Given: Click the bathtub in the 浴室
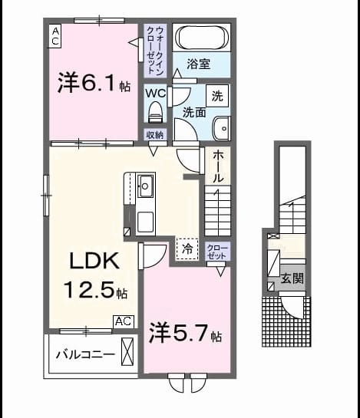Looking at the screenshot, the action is [x=201, y=38].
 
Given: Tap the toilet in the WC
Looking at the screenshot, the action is [x=155, y=112].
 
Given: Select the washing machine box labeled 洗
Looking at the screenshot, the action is [x=217, y=96].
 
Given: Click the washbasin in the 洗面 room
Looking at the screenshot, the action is [x=221, y=128].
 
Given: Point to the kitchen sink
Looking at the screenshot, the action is [x=145, y=186].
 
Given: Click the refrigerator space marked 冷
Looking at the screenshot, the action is [x=187, y=248].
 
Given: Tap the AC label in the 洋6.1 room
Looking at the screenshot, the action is [x=55, y=36].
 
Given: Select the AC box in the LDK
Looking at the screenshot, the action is [x=124, y=322].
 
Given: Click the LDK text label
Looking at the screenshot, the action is [x=94, y=261].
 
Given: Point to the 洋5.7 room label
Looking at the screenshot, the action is [x=186, y=333].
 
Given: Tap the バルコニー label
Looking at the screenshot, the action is [x=85, y=354].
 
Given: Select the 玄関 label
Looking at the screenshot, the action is [x=292, y=278].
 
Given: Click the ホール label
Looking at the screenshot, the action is [x=218, y=166].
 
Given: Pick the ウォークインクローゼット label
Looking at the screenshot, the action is [x=155, y=51].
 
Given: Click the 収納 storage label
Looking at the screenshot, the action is [x=155, y=135].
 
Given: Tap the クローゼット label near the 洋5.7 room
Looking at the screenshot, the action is [x=217, y=252].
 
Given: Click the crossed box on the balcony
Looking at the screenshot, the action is [x=127, y=351].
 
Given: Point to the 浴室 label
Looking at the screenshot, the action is [x=199, y=64].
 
